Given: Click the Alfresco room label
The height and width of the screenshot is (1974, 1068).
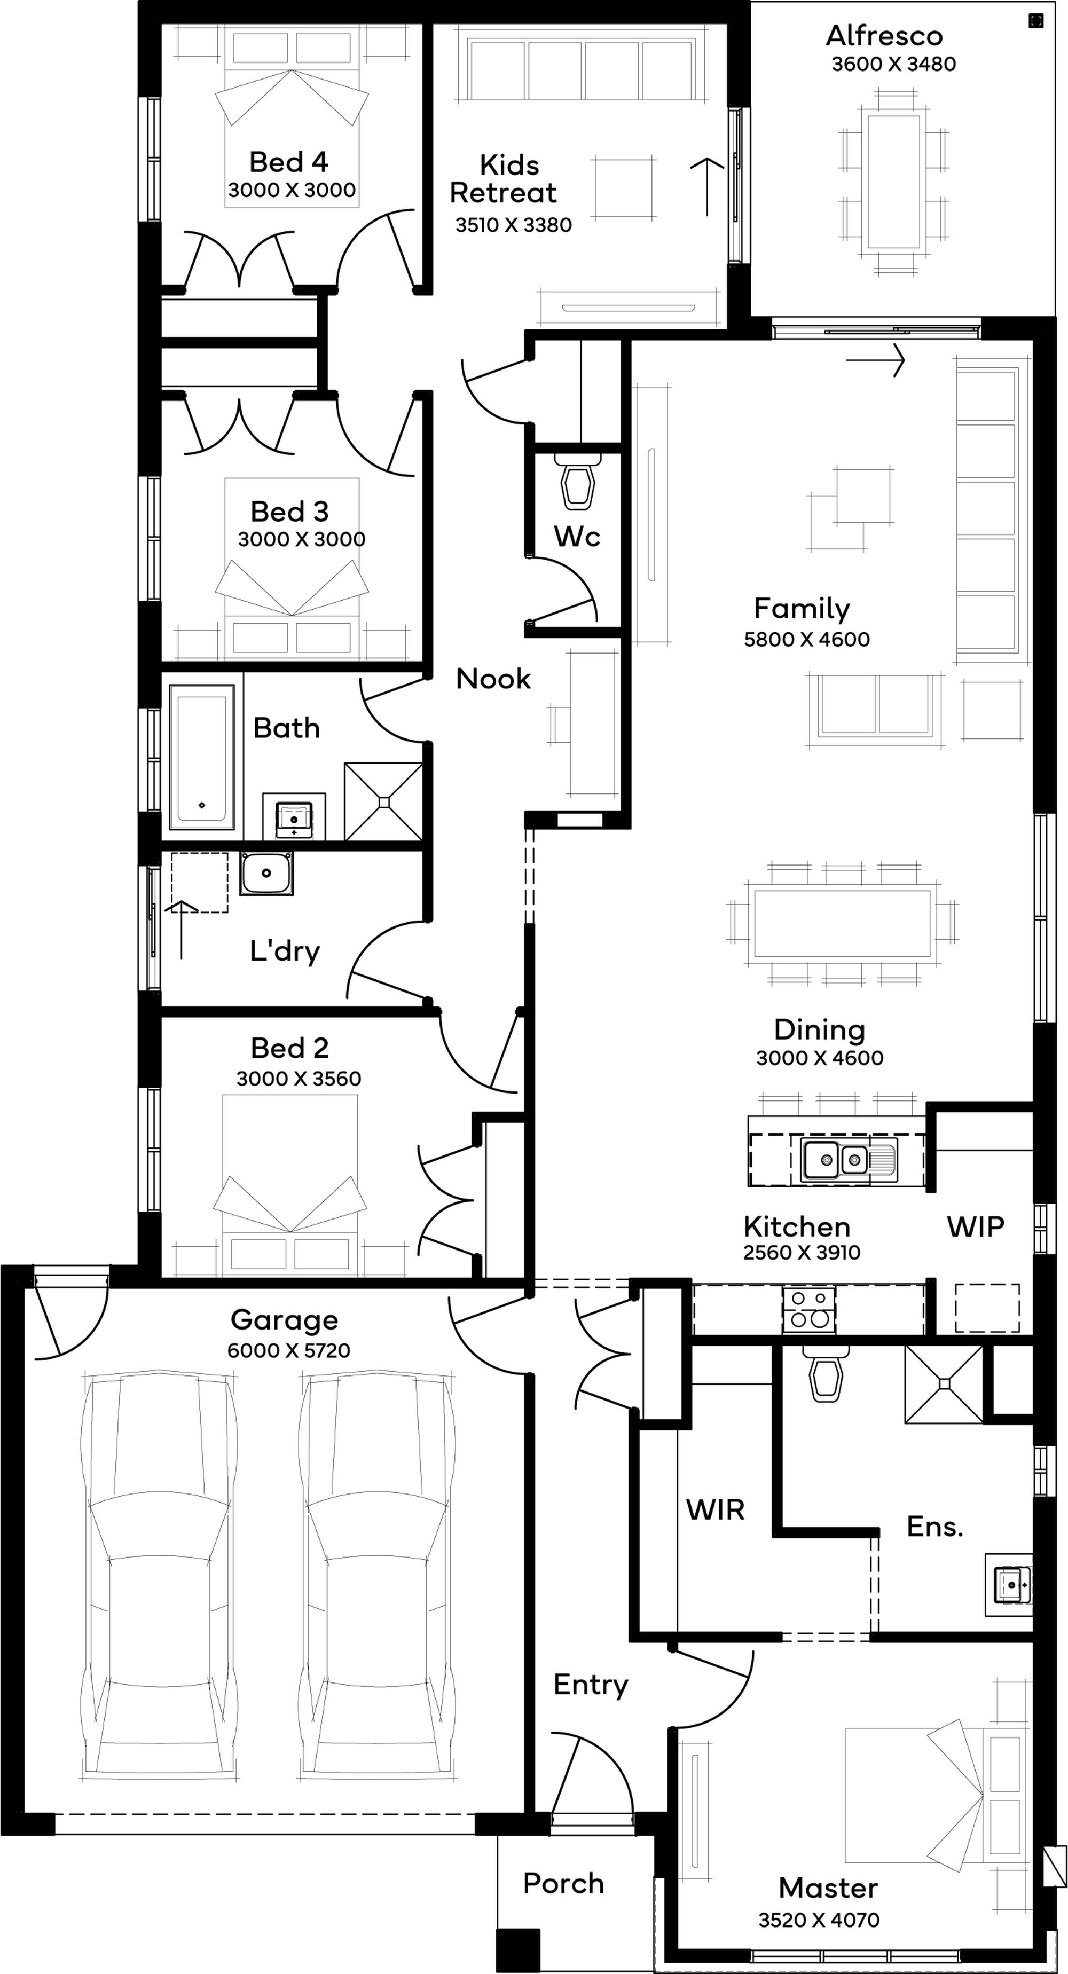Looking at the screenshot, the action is tap(884, 36).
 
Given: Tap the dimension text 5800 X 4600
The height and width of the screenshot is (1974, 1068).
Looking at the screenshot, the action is tap(807, 639).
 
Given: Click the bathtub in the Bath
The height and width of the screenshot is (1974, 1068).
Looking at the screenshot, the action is tap(201, 757).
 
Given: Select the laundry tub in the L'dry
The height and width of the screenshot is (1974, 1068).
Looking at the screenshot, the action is tap(266, 873).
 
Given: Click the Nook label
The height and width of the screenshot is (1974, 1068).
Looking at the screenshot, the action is tap(493, 679).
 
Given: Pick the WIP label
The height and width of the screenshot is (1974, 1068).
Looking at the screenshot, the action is tap(975, 1227).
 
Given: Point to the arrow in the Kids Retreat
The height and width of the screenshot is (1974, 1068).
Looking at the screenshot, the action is tap(707, 186).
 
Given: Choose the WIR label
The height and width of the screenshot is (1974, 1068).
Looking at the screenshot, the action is tap(716, 1509).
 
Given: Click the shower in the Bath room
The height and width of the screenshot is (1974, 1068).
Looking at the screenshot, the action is tap(383, 801).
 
